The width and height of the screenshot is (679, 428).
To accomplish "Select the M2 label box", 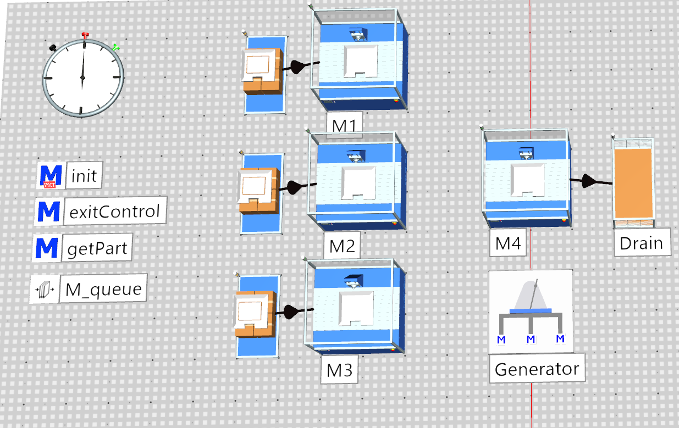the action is click(342, 246).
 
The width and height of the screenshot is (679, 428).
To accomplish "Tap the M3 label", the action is click(340, 370).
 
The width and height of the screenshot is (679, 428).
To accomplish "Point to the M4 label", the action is click(508, 243).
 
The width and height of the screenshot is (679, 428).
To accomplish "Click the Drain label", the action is click(642, 243).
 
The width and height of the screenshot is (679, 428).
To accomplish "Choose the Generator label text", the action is click(537, 369).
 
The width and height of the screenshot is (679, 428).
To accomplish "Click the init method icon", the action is click(51, 176).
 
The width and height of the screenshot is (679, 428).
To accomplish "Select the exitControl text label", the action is click(114, 211).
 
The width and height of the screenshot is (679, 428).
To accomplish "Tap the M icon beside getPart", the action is click(47, 248).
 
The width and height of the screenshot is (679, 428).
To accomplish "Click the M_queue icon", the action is click(45, 290).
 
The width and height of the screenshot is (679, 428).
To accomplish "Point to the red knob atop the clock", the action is click(85, 36).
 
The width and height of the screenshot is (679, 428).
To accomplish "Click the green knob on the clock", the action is click(115, 48).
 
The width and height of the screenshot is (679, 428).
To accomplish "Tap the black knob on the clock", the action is click(53, 48).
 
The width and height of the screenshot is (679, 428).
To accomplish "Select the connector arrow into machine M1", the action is click(300, 66).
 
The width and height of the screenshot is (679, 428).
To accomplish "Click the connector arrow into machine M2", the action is click(297, 187).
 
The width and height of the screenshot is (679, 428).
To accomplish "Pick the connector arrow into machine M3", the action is click(294, 312).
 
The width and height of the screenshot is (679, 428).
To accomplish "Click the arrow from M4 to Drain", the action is click(591, 181).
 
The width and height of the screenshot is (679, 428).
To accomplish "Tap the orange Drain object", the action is click(633, 183).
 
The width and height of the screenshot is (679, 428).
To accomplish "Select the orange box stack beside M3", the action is click(255, 314).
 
